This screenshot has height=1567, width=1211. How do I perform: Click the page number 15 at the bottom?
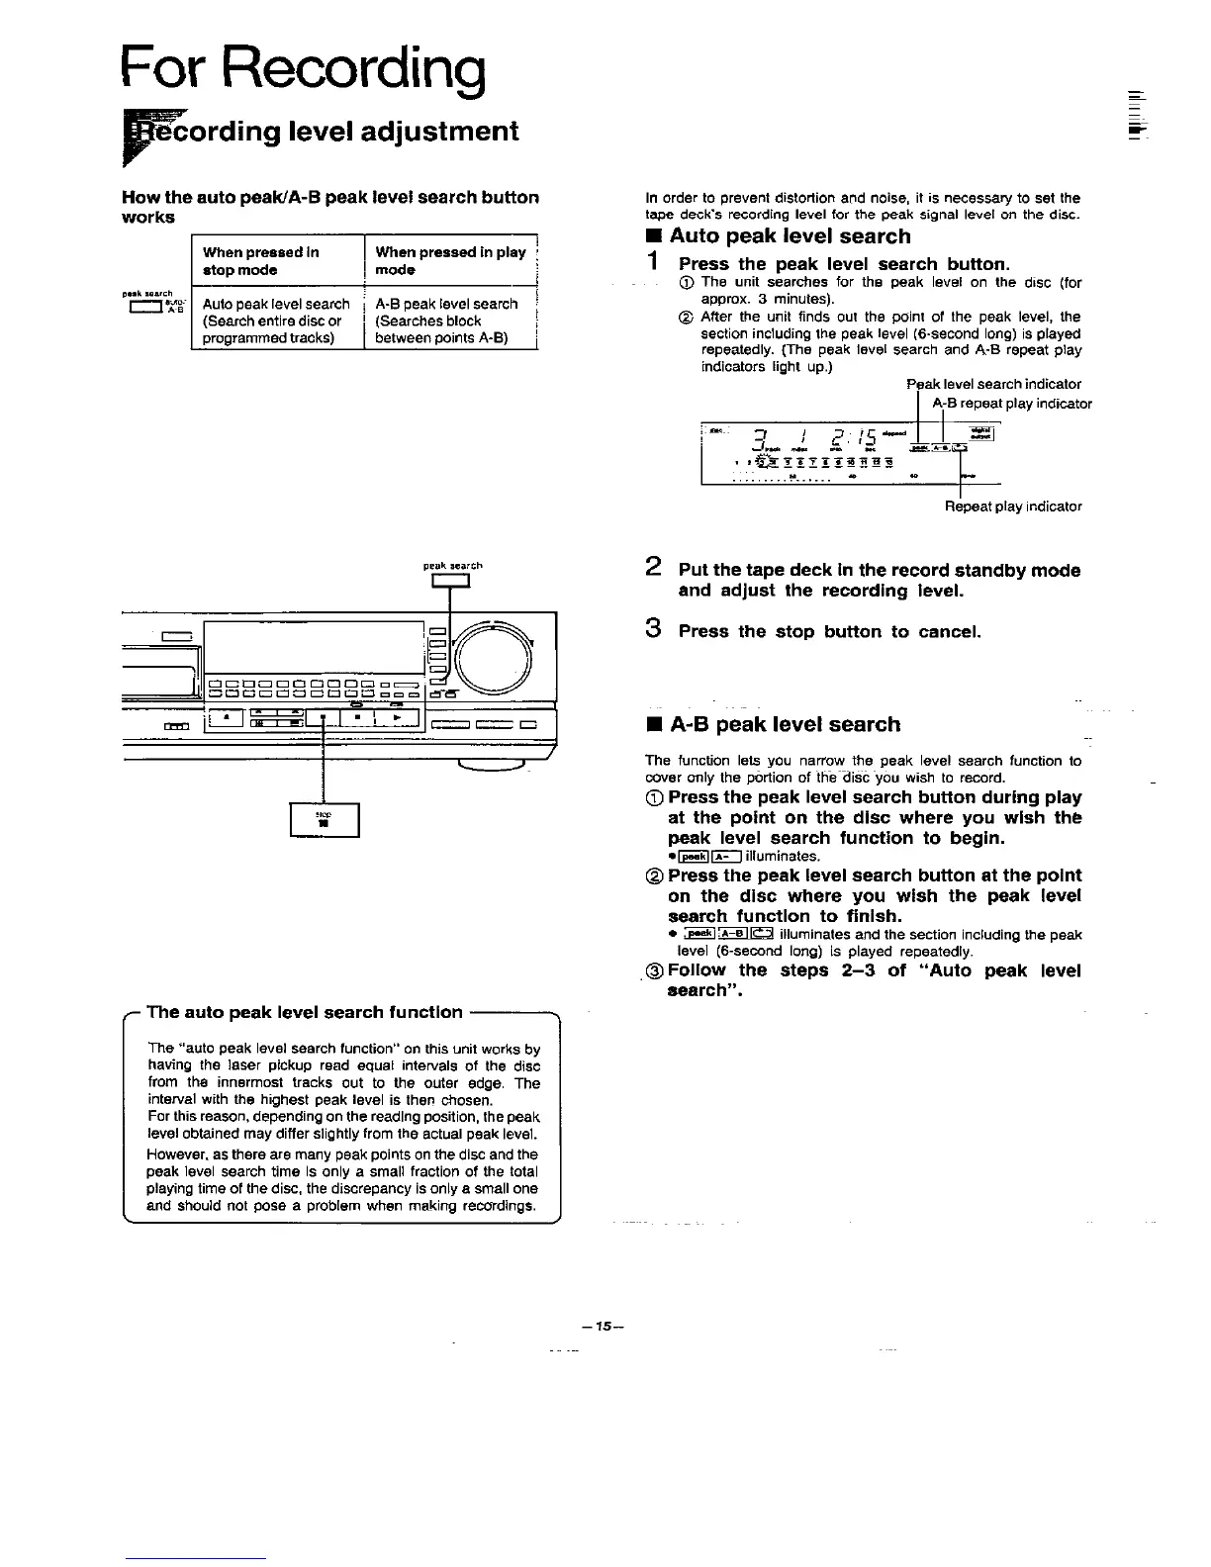pyautogui.click(x=605, y=1325)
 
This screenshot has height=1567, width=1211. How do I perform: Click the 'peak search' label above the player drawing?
pyautogui.click(x=452, y=567)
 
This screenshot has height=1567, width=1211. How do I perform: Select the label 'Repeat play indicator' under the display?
pyautogui.click(x=1013, y=507)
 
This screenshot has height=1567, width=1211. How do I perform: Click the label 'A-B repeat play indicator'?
pyautogui.click(x=1012, y=404)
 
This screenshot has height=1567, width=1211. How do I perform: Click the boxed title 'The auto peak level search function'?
pyautogui.click(x=305, y=1012)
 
